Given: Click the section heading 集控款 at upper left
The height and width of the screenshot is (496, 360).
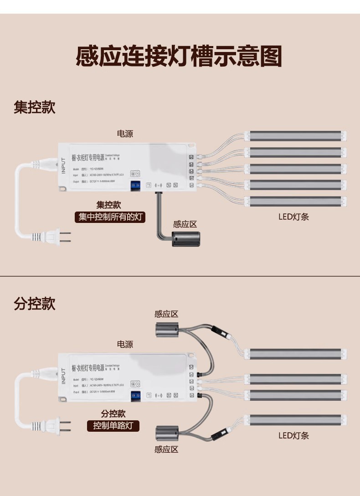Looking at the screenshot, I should pos(35,108).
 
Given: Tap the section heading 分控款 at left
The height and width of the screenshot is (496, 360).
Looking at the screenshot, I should pos(35,303).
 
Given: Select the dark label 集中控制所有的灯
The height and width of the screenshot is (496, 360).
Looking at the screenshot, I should pos(110,217).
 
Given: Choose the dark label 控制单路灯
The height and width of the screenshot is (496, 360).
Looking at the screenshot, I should pos(113,426).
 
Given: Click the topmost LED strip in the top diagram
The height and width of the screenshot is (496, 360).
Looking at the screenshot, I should pos(296,136).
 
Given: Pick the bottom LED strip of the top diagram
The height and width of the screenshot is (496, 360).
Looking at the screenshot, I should pos(296,201).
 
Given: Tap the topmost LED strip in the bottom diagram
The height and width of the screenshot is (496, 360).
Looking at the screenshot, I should pos(296,353).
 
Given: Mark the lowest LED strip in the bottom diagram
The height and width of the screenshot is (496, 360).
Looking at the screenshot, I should pos(296,418).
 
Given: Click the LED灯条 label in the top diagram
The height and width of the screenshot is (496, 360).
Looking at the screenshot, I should pos(293,217).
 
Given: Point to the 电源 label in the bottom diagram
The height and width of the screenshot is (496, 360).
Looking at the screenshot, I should pos(125,344).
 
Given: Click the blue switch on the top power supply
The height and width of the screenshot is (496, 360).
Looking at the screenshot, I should pos(135,186).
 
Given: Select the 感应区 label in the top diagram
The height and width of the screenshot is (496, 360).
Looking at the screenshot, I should pos(185,224).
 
